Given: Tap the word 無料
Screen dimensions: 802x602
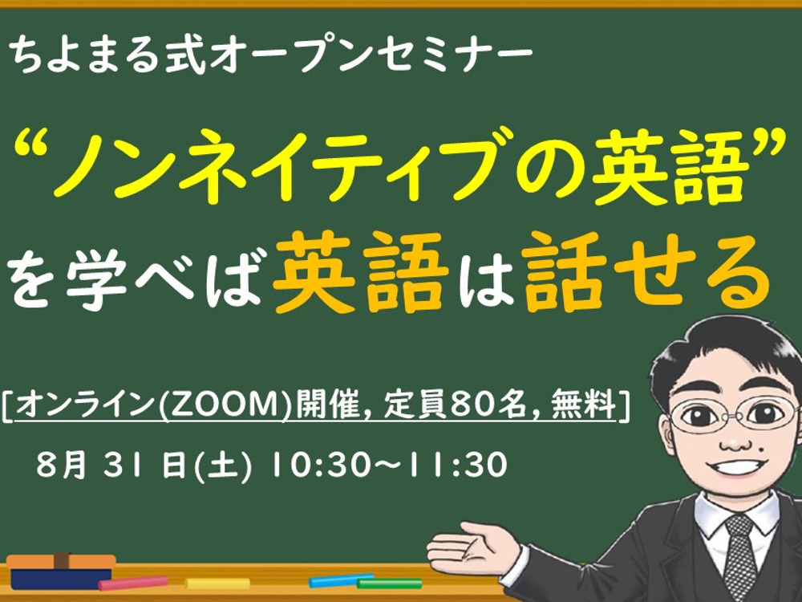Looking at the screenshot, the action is (x=584, y=405).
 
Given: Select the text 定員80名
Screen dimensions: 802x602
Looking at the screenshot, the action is (x=456, y=405).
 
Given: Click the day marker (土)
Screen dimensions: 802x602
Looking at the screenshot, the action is (x=223, y=466).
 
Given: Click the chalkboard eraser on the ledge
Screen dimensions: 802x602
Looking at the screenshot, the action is (x=61, y=571).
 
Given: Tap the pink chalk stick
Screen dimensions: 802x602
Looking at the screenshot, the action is (x=133, y=583).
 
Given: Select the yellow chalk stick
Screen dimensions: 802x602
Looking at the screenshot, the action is (x=217, y=583).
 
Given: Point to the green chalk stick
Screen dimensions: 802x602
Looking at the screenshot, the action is (x=389, y=583).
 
